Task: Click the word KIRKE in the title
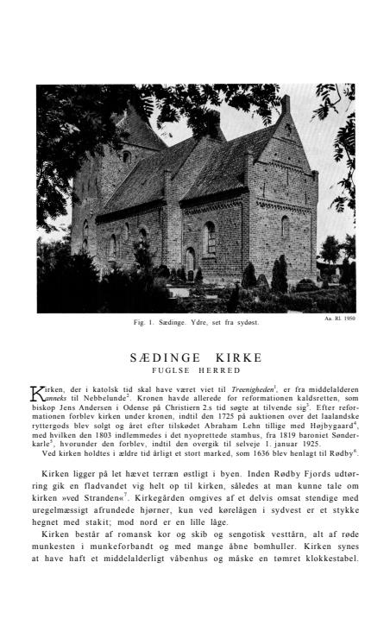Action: tap(234, 357)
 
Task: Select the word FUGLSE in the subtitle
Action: tap(172, 370)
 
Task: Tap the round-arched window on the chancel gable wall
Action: tap(283, 227)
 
